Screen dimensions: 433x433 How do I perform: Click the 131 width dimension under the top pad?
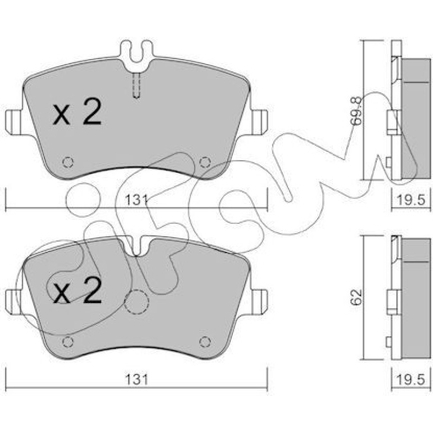[x=136, y=200]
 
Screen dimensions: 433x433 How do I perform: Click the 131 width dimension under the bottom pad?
[x=137, y=380]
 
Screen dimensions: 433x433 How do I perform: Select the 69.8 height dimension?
[x=358, y=111]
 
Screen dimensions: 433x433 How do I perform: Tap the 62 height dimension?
[x=356, y=297]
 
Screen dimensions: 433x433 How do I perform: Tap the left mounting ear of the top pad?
[x=14, y=123]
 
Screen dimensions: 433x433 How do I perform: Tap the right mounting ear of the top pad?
[x=259, y=123]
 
